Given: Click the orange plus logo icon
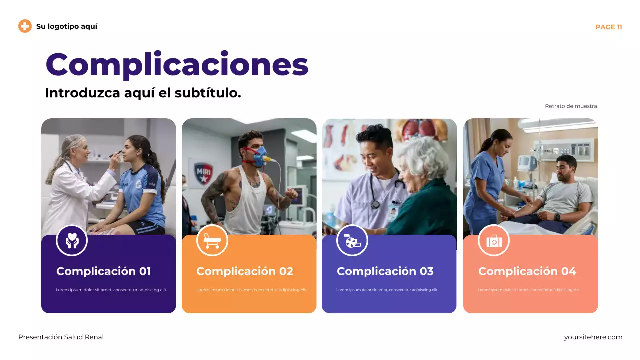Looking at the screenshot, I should pyautogui.click(x=25, y=26).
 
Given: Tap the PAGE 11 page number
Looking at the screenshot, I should pyautogui.click(x=608, y=27).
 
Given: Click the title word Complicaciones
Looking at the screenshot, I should pyautogui.click(x=177, y=65).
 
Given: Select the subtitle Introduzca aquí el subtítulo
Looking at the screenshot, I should pyautogui.click(x=143, y=93).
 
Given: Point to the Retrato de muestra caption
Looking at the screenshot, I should pyautogui.click(x=571, y=106).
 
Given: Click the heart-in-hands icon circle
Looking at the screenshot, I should pyautogui.click(x=72, y=240).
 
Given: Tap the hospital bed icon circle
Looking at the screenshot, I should pyautogui.click(x=212, y=240).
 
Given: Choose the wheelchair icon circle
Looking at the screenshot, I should pyautogui.click(x=352, y=240).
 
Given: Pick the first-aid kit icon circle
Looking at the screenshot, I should pyautogui.click(x=494, y=240).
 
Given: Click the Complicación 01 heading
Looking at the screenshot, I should pyautogui.click(x=103, y=271).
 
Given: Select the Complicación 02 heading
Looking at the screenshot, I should pyautogui.click(x=244, y=271).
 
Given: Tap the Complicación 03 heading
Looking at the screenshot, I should pyautogui.click(x=385, y=271).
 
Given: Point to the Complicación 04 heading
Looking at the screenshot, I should pyautogui.click(x=527, y=271).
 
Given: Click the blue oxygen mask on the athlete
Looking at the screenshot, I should pyautogui.click(x=260, y=157).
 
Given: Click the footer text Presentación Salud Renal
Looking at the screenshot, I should pyautogui.click(x=61, y=337).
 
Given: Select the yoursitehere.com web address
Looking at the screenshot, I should pyautogui.click(x=593, y=337).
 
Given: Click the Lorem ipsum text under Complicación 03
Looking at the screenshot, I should pyautogui.click(x=387, y=290).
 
